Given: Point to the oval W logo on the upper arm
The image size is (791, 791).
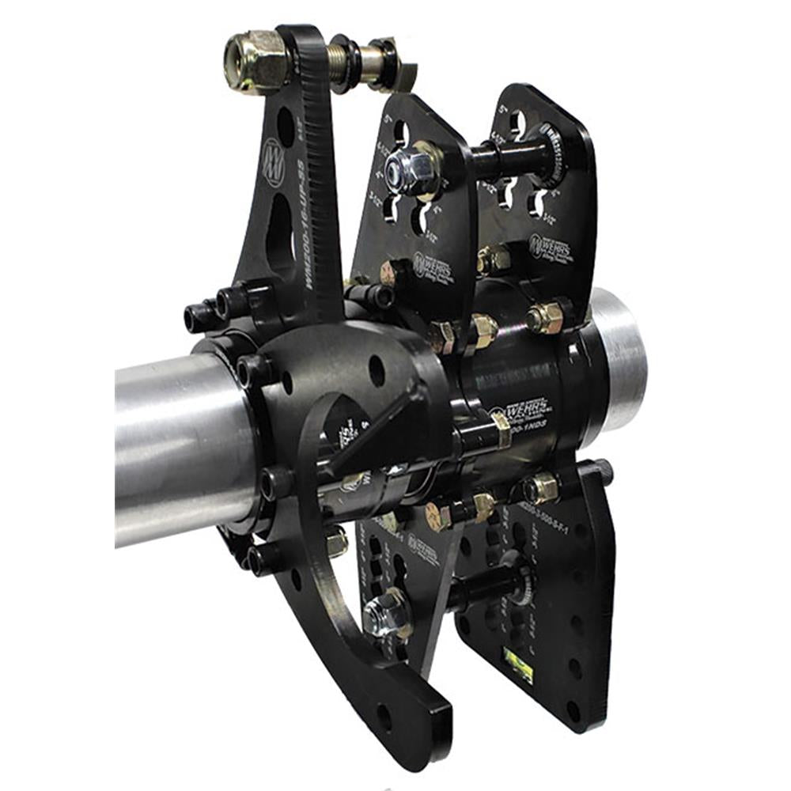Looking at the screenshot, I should (x=273, y=163).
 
